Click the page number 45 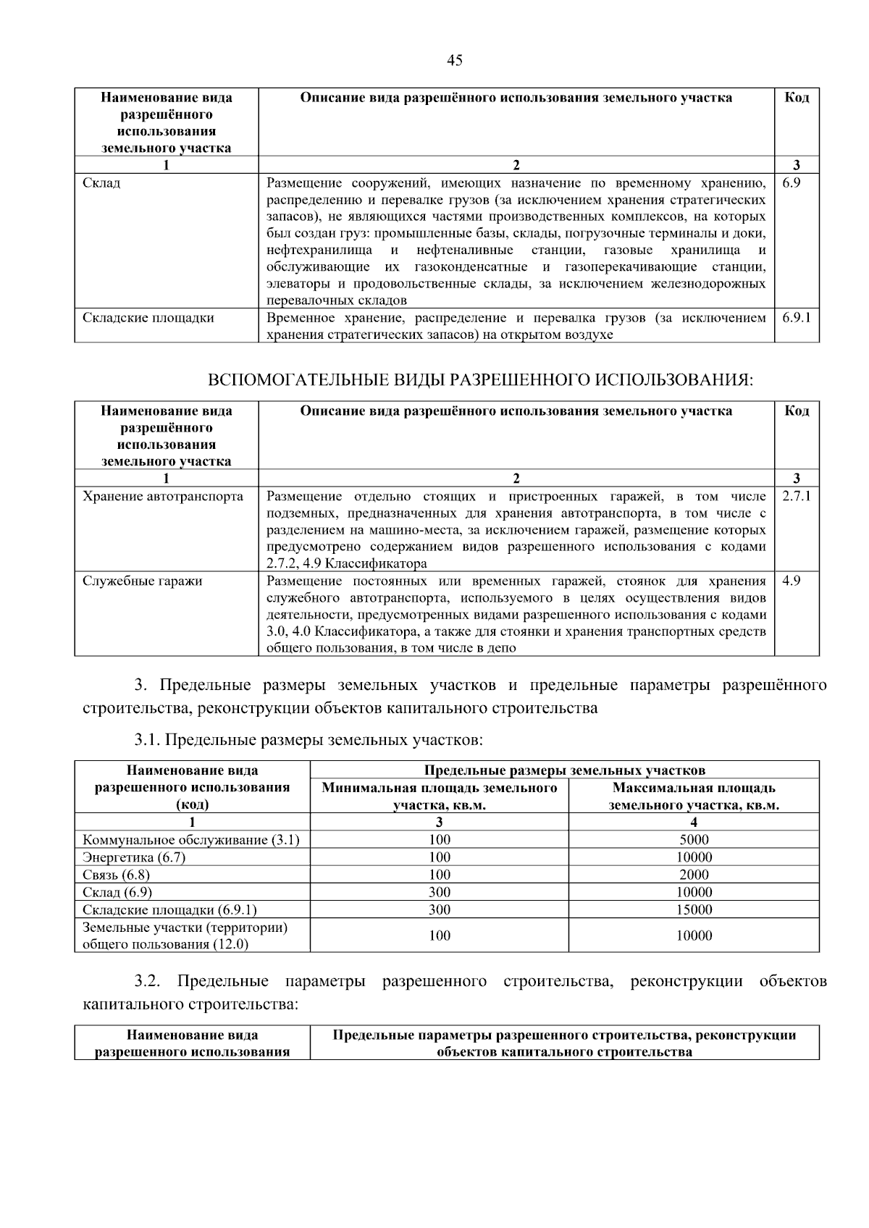tap(455, 61)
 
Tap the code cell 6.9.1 tap(796, 318)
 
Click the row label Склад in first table tap(101, 183)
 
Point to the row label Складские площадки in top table tap(148, 318)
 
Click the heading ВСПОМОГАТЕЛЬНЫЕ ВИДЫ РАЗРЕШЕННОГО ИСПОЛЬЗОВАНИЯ tap(480, 381)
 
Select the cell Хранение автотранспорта tap(163, 497)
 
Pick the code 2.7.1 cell tap(796, 497)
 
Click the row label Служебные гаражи tap(142, 581)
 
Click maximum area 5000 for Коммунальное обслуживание tap(694, 840)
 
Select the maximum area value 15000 tap(694, 910)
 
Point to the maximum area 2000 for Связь tap(694, 875)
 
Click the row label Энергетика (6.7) tap(134, 857)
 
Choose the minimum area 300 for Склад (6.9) tap(439, 893)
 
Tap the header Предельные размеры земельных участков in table tap(564, 770)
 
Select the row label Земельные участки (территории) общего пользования tap(185, 935)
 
